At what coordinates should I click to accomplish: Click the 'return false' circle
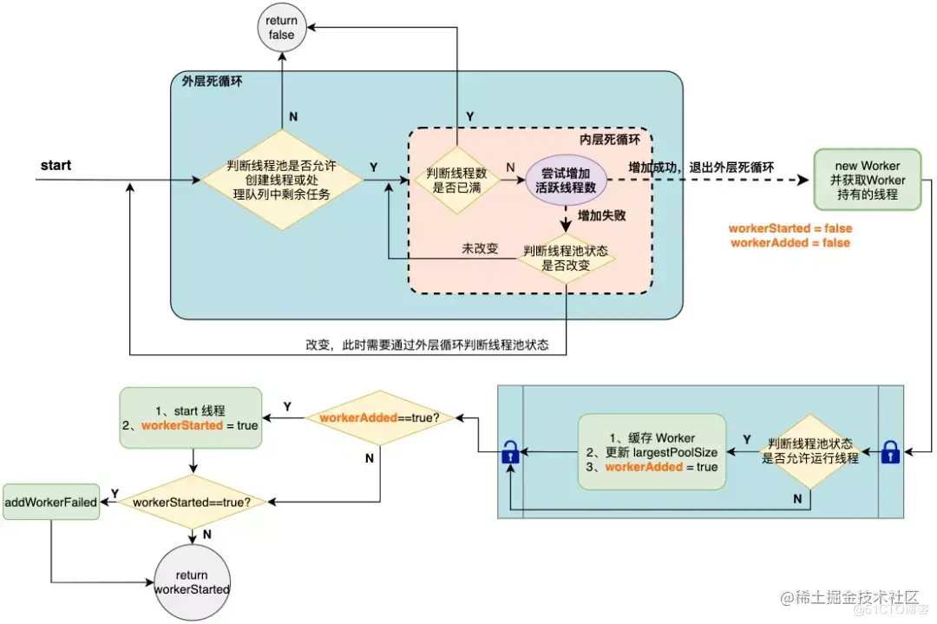pyautogui.click(x=282, y=27)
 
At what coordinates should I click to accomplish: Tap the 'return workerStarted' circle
pyautogui.click(x=191, y=581)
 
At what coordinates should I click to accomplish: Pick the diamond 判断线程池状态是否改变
pyautogui.click(x=566, y=258)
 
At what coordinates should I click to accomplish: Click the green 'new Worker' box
pyautogui.click(x=867, y=180)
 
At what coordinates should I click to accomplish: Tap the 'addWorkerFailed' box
pyautogui.click(x=51, y=502)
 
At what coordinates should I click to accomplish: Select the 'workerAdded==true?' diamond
pyautogui.click(x=380, y=417)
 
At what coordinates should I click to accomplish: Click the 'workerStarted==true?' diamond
pyautogui.click(x=191, y=502)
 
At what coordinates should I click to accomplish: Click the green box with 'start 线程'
pyautogui.click(x=190, y=417)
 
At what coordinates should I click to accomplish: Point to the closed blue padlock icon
pyautogui.click(x=890, y=451)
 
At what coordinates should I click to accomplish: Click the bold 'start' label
pyautogui.click(x=56, y=165)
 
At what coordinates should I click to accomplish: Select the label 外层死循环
pyautogui.click(x=212, y=82)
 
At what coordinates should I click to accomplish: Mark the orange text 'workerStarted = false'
pyautogui.click(x=790, y=228)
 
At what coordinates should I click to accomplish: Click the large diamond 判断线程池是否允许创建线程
pyautogui.click(x=282, y=181)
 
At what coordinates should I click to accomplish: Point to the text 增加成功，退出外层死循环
pyautogui.click(x=701, y=167)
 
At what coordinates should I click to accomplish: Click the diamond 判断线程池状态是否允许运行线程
pyautogui.click(x=809, y=451)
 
